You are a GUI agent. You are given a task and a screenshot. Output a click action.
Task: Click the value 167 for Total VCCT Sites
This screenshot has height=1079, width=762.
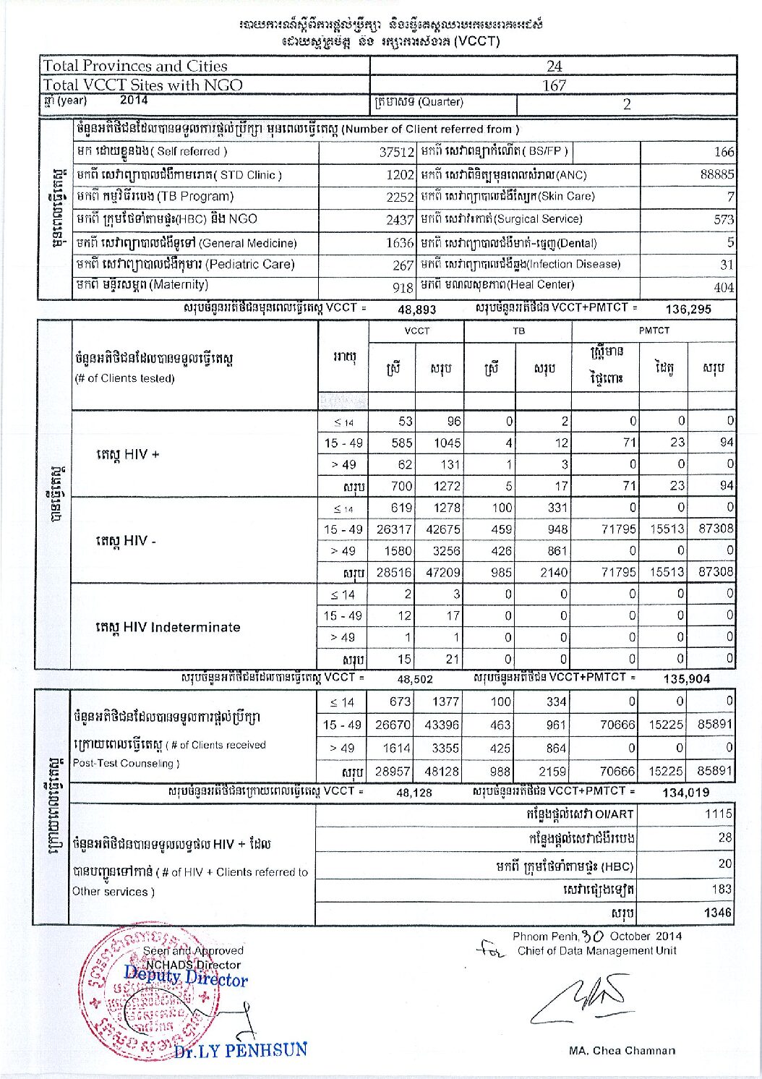pos(554,85)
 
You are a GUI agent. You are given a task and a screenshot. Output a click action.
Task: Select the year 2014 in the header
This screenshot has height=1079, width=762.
pos(134,101)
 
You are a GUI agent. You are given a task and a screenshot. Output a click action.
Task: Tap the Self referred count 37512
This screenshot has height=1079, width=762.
pos(397,153)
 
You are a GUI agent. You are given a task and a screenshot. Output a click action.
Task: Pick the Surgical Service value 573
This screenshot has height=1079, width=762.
pos(723,219)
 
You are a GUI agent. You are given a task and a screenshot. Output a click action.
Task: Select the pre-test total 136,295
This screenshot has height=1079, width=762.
pos(688,309)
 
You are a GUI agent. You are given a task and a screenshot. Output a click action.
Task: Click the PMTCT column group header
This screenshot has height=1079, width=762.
pos(654,330)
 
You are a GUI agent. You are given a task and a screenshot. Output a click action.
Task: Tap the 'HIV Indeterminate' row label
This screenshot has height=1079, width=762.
pos(168,627)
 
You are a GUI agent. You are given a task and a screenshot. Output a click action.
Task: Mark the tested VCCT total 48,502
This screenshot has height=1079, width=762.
pos(414,679)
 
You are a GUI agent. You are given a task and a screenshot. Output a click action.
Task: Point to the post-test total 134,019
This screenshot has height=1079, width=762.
pos(685,793)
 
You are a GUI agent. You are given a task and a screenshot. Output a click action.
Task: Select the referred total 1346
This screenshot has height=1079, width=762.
pos(718,913)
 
